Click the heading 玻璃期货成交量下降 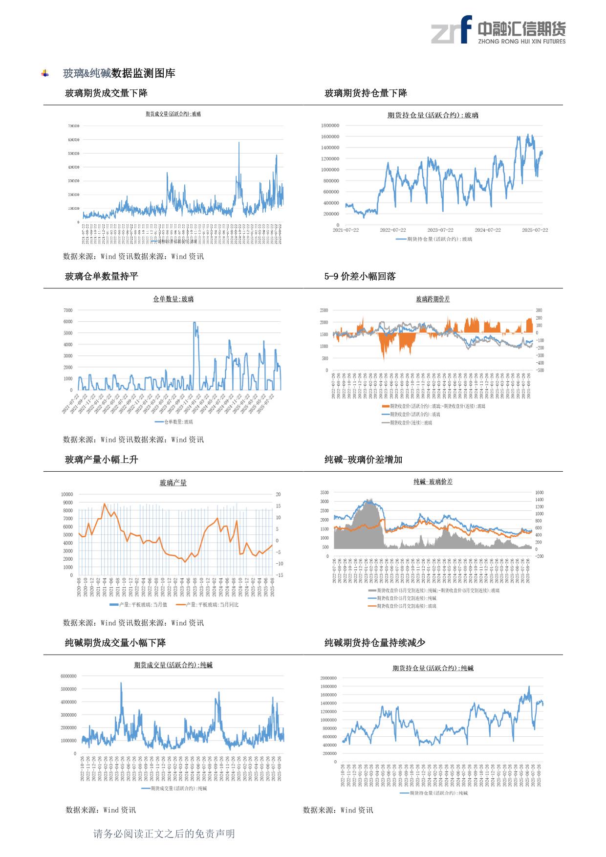(106, 93)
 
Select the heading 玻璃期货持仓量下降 (366, 93)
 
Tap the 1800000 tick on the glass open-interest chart (330, 126)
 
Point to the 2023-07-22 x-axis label (440, 230)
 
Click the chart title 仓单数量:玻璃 (173, 299)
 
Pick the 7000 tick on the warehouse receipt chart (68, 310)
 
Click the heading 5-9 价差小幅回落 (360, 277)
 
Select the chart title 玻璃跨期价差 (433, 299)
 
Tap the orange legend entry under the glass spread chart (433, 406)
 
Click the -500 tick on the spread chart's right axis (540, 370)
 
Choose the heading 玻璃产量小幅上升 (102, 460)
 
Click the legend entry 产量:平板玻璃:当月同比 (208, 605)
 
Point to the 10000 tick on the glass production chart (66, 494)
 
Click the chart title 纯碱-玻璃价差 (433, 482)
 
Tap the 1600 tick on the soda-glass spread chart (539, 493)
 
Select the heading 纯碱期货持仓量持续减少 (375, 643)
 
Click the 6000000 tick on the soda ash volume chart (68, 676)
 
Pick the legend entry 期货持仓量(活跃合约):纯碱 (434, 793)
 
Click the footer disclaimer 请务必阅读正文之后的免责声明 (164, 834)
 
